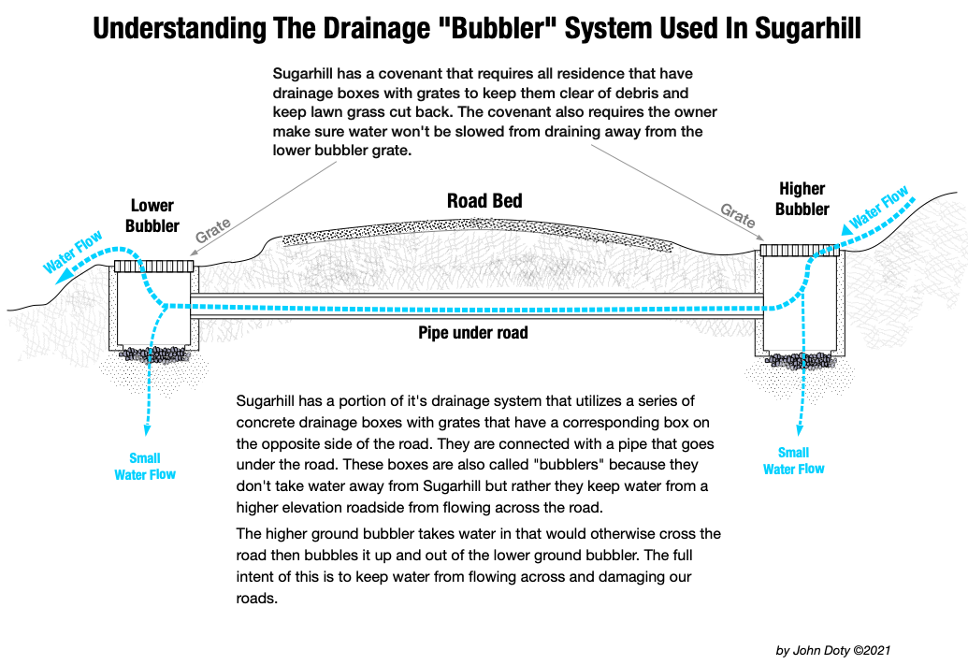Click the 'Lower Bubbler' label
[x=152, y=215]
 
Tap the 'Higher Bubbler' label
[x=802, y=198]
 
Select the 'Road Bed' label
[x=484, y=201]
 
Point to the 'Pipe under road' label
[x=473, y=332]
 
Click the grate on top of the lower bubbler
[x=153, y=267]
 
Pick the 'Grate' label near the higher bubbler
[x=738, y=216]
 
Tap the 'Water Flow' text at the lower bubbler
[x=73, y=253]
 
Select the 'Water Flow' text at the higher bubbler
[x=879, y=209]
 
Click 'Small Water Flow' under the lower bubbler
[x=145, y=466]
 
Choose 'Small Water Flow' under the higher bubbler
[x=794, y=461]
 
